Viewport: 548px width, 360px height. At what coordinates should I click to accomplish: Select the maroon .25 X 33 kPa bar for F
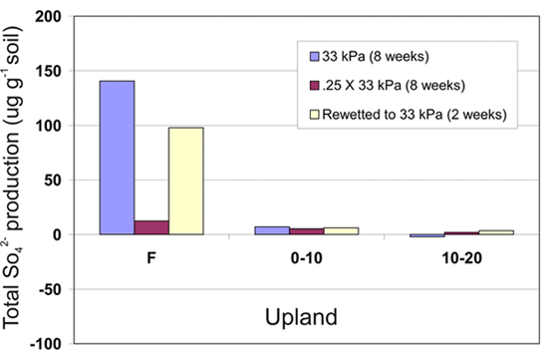coord(151,227)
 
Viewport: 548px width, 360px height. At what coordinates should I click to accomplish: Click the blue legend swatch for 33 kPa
coord(315,55)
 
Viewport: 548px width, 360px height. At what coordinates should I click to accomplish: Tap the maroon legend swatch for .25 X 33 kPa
coord(315,84)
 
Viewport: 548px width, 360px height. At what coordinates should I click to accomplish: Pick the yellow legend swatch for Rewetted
coord(315,114)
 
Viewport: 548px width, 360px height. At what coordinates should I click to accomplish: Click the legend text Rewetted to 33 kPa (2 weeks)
coord(416,114)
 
